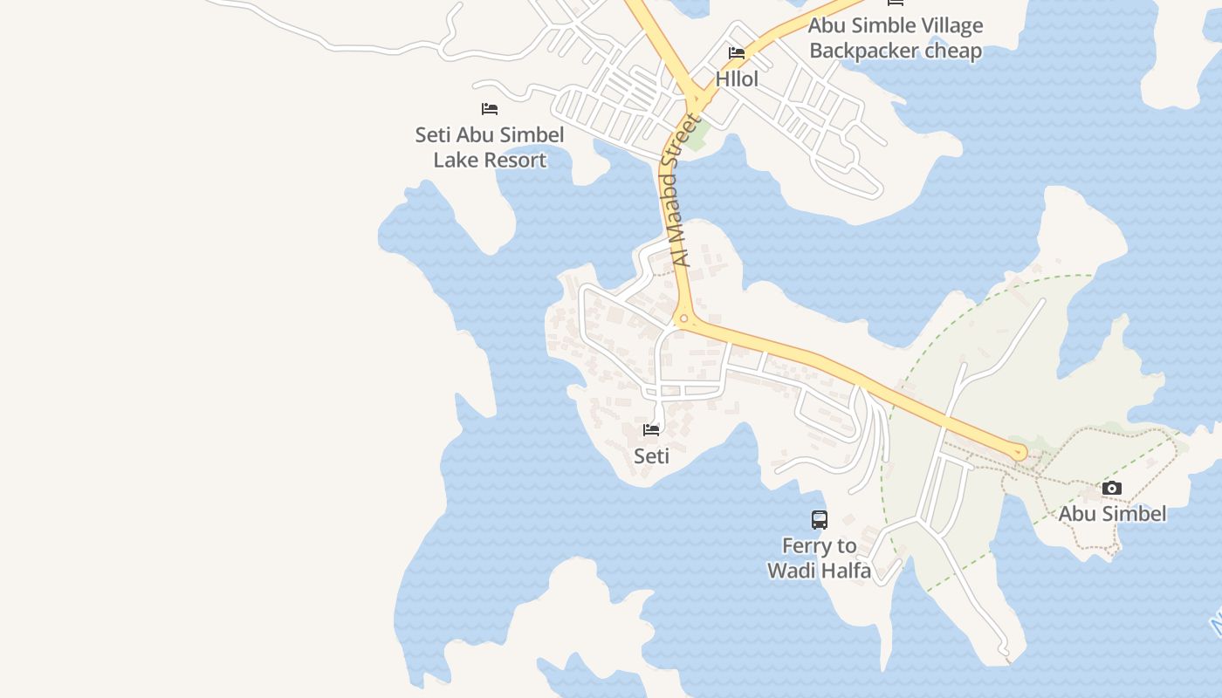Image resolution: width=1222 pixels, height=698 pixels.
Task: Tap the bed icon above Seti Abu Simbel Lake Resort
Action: [490, 109]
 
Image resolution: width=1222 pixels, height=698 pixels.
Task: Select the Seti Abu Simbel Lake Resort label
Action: [490, 147]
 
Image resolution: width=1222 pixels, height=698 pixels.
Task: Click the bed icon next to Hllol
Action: [737, 53]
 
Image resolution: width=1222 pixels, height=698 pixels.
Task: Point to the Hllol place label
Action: [737, 79]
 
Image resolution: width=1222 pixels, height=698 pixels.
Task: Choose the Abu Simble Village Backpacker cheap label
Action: [896, 38]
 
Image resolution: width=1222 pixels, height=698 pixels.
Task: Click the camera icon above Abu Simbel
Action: [1111, 489]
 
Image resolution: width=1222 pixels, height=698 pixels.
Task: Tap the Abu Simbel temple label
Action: [1111, 513]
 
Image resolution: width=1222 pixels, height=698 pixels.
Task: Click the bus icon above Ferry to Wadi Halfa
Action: [820, 520]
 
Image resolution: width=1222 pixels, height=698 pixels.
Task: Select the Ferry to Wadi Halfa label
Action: [820, 558]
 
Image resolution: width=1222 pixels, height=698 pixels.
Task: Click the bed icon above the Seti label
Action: [651, 430]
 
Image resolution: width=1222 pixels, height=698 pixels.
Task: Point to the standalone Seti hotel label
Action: [651, 455]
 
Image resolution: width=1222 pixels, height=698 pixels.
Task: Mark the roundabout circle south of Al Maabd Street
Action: [684, 319]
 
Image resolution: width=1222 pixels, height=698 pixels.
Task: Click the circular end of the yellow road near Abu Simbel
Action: [1018, 453]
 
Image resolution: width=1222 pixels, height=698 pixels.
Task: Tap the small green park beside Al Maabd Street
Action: [697, 138]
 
